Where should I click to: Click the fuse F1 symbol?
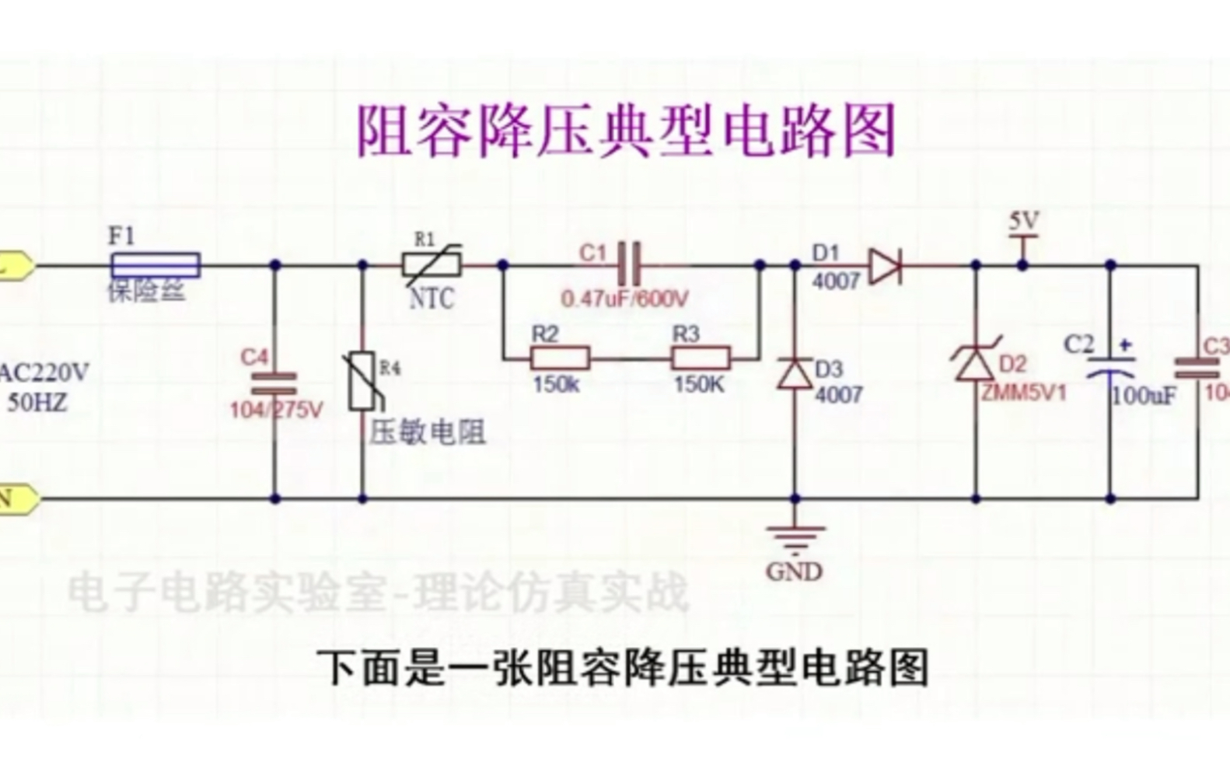155,265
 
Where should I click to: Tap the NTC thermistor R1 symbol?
432,265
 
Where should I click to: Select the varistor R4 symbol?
362,381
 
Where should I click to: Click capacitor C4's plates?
274,383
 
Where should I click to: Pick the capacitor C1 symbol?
631,264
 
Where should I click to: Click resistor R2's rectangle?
560,359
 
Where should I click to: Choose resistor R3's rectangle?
701,359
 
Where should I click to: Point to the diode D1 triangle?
885,266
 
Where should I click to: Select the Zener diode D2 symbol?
976,362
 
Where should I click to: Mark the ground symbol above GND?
795,535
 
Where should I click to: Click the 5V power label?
1023,222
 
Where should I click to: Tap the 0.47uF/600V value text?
625,299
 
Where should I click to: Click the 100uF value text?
1143,396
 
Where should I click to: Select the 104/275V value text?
275,410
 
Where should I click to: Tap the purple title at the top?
627,131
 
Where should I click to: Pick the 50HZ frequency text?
37,402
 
